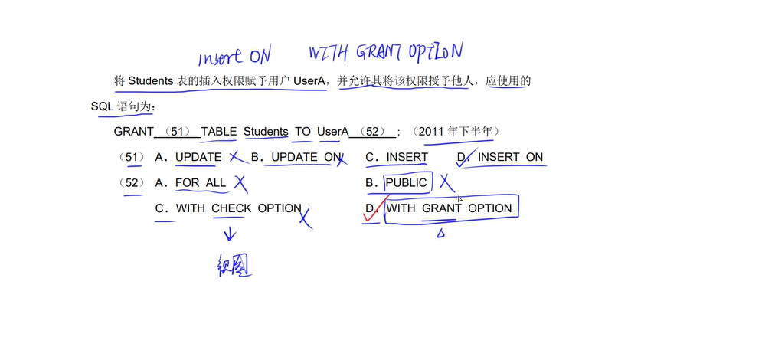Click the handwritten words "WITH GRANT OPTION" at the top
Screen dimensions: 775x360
386,51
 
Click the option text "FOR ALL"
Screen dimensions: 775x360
201,183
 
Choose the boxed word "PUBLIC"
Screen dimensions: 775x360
406,183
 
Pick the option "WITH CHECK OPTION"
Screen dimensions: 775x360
238,208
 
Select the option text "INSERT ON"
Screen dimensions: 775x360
510,158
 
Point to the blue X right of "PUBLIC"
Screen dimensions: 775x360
446,183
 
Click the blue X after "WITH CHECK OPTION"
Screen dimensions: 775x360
305,218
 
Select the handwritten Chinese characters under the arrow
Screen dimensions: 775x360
234,266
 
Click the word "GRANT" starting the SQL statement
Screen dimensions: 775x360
133,132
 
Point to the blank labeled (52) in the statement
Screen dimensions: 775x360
373,132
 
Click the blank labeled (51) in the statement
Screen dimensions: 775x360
178,132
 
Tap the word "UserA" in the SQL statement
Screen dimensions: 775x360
332,132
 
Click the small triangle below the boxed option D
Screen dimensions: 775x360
440,234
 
